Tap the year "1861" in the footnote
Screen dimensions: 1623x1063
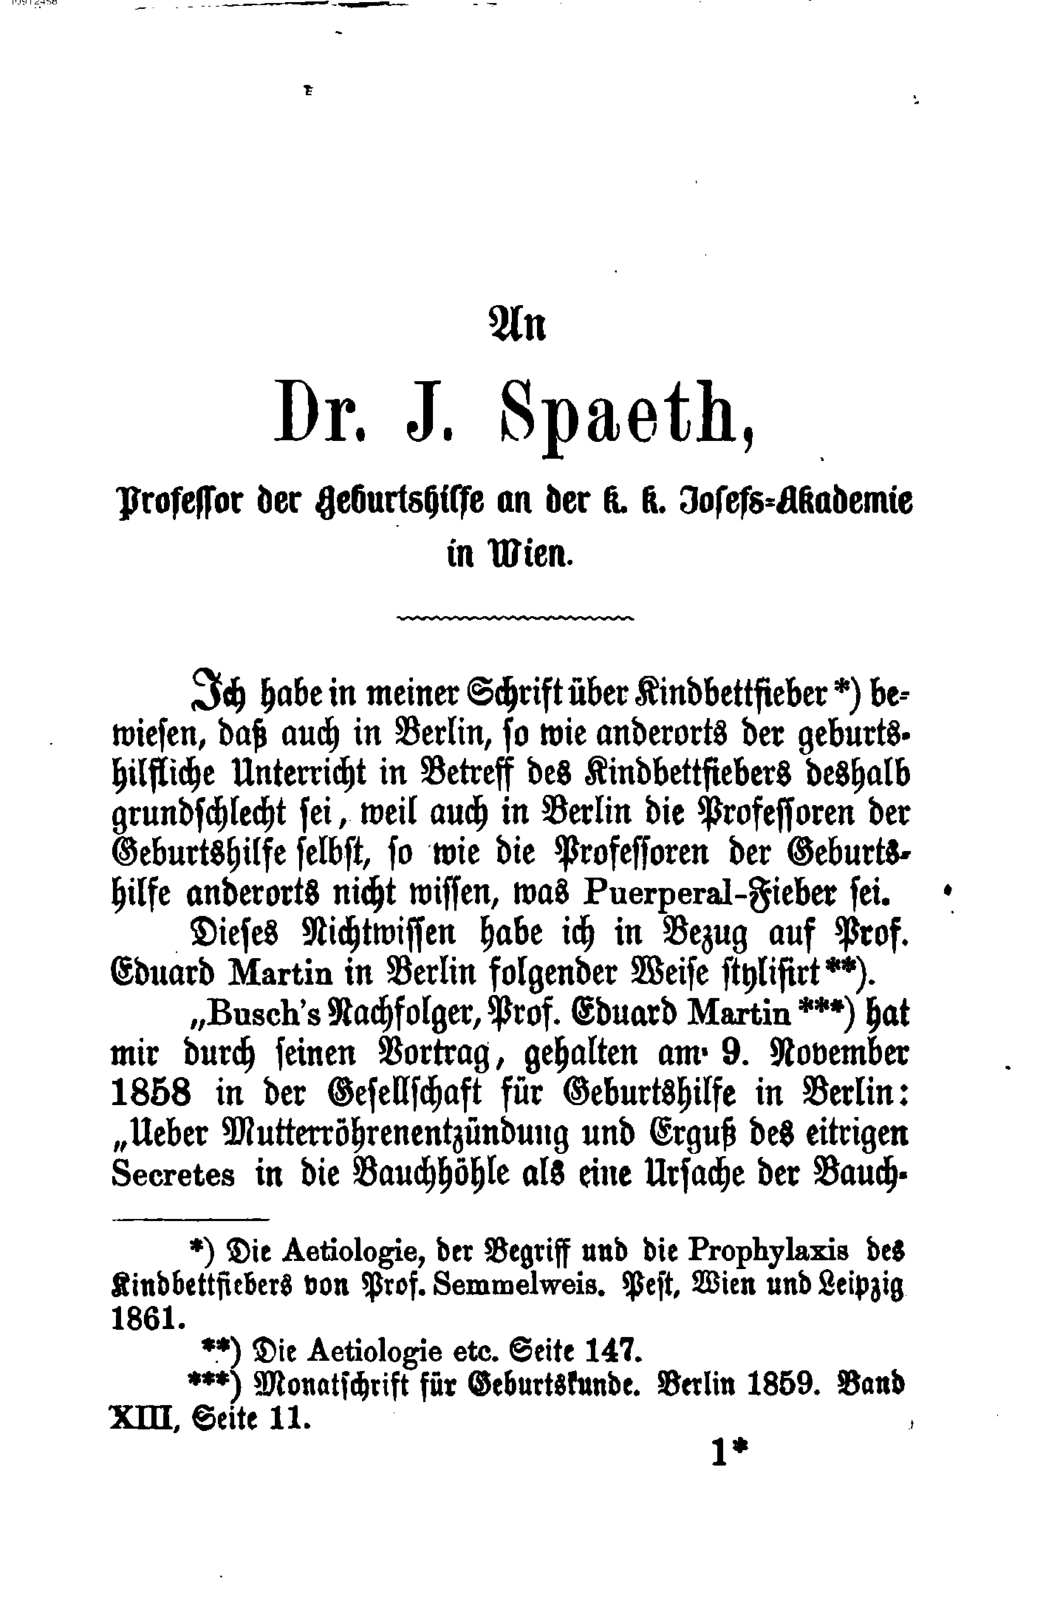tap(147, 1320)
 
